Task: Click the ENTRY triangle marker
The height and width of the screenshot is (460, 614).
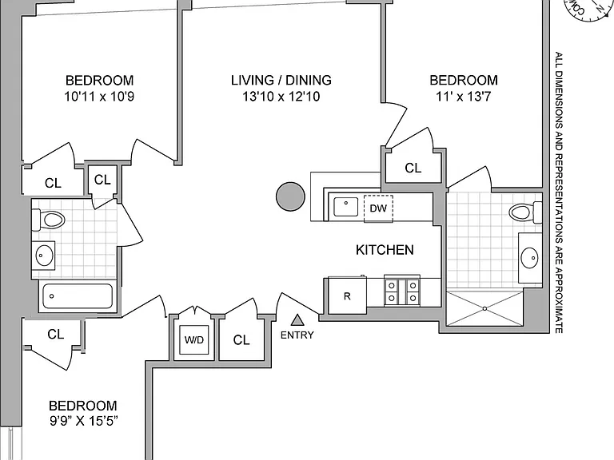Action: click(x=297, y=320)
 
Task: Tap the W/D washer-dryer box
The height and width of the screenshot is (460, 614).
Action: click(x=194, y=339)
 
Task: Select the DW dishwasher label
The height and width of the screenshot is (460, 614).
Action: click(x=378, y=208)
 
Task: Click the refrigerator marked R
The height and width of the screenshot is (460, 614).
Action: click(x=347, y=295)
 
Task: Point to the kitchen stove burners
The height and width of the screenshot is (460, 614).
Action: click(x=402, y=291)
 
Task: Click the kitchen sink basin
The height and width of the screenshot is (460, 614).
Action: click(x=345, y=207)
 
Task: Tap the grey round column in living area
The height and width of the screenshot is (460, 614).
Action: click(x=290, y=196)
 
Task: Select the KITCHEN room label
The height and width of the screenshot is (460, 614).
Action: click(x=385, y=250)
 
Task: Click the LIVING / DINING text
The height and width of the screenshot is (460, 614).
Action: click(x=281, y=80)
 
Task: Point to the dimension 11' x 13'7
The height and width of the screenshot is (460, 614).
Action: click(x=463, y=96)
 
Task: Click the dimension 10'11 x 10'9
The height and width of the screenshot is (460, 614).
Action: click(x=99, y=96)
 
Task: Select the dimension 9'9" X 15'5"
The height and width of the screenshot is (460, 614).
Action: click(x=84, y=421)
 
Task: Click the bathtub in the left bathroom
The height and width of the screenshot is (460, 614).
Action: click(x=78, y=296)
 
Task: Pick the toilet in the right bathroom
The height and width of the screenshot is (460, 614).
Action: click(x=525, y=212)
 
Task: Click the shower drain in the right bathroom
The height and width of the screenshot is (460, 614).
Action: click(x=484, y=308)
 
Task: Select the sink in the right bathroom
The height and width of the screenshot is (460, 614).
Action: click(x=529, y=258)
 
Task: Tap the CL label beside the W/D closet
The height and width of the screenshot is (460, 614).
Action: click(x=241, y=340)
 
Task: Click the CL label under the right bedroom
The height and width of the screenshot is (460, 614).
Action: click(x=413, y=169)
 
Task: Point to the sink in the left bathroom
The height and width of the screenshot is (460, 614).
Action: click(x=44, y=256)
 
